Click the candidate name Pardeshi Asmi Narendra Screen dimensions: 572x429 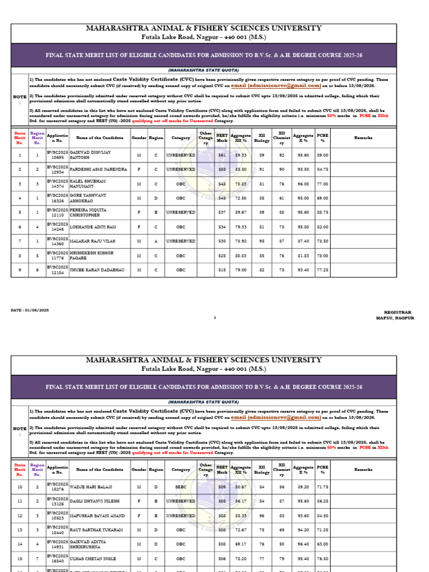coord(98,169)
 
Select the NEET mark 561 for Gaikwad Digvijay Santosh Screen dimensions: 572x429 coord(222,155)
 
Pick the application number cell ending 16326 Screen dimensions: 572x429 coord(57,198)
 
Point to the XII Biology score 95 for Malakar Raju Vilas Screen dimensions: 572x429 coord(261,241)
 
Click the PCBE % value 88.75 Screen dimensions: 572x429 coord(322,212)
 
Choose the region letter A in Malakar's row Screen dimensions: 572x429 coord(156,241)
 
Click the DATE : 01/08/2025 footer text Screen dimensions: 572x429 coord(30,309)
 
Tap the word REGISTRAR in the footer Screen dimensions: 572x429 coord(397,312)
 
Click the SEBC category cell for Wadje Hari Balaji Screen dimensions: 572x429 coord(181,487)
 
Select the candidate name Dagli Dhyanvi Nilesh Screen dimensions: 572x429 coord(95,501)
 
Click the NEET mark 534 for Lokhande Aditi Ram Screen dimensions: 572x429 coord(222,227)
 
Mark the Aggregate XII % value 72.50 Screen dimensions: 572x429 coord(241,198)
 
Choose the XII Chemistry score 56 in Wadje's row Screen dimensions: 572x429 coord(282,487)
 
